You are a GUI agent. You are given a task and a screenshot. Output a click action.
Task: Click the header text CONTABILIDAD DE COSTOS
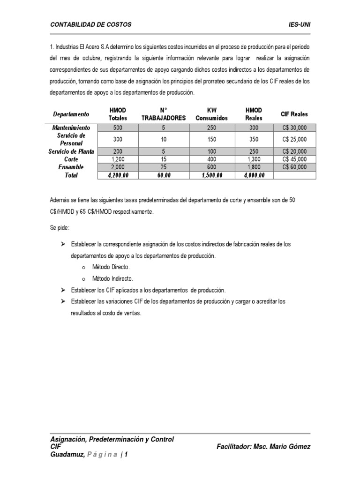pos(91,24)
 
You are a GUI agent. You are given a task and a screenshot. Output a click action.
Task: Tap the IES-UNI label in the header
pos(299,24)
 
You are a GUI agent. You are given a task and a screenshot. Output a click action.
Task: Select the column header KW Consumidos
pos(211,114)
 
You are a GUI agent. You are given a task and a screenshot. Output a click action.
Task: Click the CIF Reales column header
pos(294,114)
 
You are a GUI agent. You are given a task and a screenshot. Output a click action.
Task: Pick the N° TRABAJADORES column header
pos(164,114)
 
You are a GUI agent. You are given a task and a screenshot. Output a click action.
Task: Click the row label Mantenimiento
pos(71,127)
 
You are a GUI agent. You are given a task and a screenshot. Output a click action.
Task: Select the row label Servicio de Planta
pos(71,151)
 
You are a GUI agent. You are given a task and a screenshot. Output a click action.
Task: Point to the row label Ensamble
pos(71,167)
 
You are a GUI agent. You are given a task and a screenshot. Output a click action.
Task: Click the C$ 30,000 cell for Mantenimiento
pos(294,127)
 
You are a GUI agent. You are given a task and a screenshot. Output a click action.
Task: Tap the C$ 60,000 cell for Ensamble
pos(294,167)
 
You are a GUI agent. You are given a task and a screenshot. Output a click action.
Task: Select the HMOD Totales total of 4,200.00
pos(118,175)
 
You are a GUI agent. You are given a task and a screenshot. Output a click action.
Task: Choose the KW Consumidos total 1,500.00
pos(211,175)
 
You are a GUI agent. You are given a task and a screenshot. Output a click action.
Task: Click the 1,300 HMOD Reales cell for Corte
pos(254,159)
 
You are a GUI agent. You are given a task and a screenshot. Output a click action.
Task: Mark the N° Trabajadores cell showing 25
pos(164,167)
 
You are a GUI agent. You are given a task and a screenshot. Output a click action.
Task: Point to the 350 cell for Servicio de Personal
pos(254,139)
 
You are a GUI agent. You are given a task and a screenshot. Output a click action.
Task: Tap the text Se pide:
pos(60,227)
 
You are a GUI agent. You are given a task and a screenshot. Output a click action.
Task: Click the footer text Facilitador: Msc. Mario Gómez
pos(263,447)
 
